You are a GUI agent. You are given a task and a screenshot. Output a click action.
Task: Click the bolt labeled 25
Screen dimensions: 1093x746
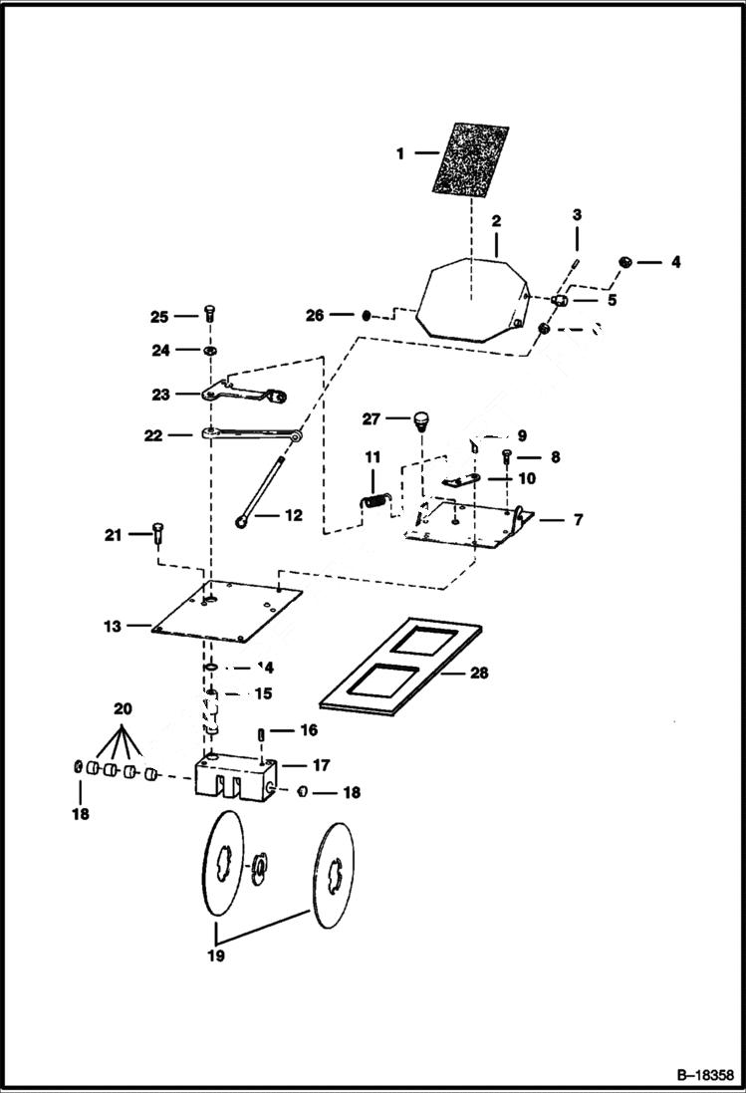pos(209,313)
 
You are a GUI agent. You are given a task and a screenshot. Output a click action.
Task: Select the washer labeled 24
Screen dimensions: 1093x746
pos(210,351)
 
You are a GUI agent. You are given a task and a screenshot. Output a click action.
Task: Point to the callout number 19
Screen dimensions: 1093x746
pos(216,956)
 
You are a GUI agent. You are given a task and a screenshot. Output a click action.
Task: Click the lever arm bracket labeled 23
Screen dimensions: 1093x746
pos(244,395)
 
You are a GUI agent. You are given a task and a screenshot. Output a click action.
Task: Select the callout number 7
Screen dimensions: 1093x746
pos(578,520)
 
